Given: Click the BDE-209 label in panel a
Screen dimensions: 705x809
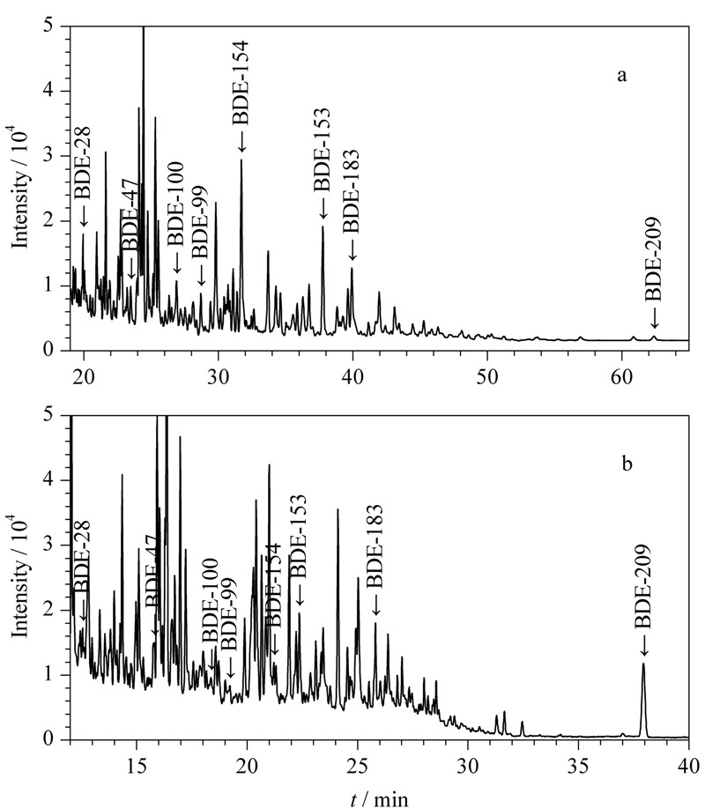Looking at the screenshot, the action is (653, 259).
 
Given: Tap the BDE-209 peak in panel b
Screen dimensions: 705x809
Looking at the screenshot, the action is (643, 664).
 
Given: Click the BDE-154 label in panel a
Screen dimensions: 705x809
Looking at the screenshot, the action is (240, 83).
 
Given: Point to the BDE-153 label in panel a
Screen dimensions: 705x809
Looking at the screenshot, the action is (322, 150).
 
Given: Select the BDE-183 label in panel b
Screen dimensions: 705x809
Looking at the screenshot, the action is (375, 546).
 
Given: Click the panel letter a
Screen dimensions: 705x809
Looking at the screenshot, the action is (622, 76).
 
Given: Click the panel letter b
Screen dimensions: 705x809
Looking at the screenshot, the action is (627, 464).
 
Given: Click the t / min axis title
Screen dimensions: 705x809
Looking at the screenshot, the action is (379, 799).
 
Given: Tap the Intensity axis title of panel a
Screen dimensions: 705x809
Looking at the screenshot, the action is (19, 188).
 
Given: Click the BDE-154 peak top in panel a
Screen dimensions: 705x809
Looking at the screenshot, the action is (241, 160).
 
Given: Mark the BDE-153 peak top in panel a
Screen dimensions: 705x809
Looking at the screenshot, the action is (323, 226).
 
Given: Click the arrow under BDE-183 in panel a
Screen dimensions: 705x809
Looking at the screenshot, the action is (352, 251).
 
